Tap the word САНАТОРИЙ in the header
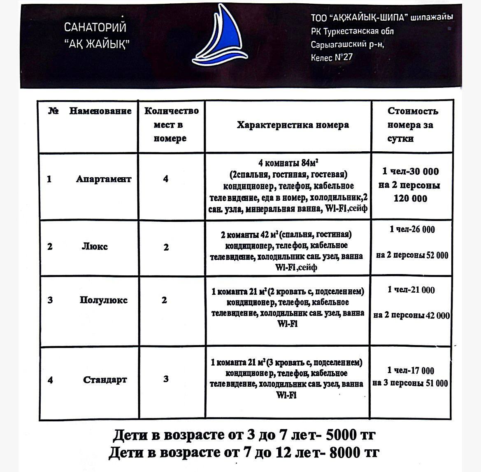(x=95, y=28)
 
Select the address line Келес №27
(x=332, y=57)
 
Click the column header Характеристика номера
(x=293, y=125)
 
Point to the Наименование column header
(x=100, y=111)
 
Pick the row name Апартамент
(x=104, y=179)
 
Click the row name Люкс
(x=95, y=247)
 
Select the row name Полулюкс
(x=104, y=300)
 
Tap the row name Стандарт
(x=105, y=379)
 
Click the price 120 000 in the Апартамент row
(x=410, y=198)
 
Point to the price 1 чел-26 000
(x=412, y=229)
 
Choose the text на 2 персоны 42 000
(x=412, y=315)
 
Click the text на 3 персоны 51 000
(x=410, y=383)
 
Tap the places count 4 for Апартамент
(x=166, y=179)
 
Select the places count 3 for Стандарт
(x=166, y=379)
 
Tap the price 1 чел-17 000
(x=411, y=370)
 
